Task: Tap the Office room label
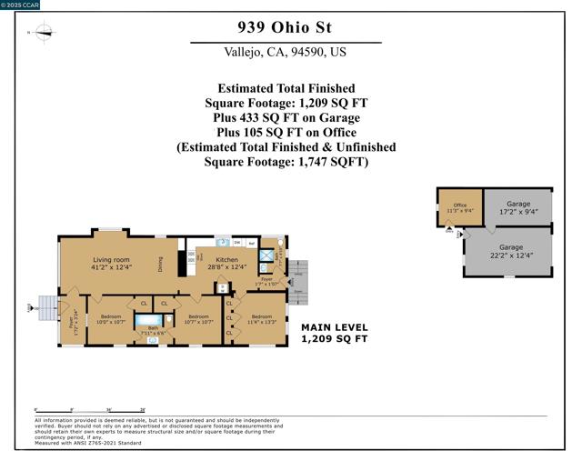coord(459,207)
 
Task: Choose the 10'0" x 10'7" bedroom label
coord(111,319)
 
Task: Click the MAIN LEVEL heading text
coord(334,327)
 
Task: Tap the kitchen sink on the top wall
coord(222,244)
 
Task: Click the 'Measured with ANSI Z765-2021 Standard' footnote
coord(89,442)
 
